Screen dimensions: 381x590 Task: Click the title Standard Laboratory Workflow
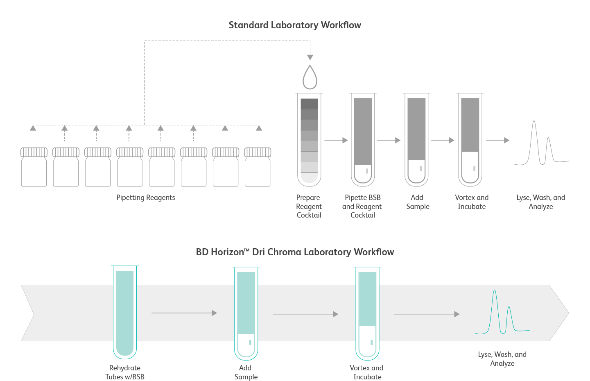(295, 25)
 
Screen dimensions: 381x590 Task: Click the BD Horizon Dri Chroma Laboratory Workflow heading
(295, 252)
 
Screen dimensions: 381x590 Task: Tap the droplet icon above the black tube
(310, 78)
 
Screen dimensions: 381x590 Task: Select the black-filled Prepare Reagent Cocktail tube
(309, 139)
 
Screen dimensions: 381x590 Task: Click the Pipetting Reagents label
(145, 197)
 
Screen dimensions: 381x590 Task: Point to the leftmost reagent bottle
(34, 167)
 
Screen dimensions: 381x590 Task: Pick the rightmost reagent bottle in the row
(258, 167)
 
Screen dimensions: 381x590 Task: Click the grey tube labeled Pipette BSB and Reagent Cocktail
(363, 139)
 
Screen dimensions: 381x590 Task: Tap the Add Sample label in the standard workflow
(418, 202)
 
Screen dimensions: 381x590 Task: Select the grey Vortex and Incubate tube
(470, 139)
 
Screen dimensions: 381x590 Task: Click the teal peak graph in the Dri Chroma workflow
(502, 313)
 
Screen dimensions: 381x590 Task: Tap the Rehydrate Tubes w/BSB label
(125, 372)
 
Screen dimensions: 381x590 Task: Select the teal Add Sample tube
(246, 313)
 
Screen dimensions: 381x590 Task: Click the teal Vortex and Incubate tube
(367, 313)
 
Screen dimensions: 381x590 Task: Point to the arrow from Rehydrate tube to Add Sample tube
(184, 313)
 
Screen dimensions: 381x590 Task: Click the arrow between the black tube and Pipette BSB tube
(336, 140)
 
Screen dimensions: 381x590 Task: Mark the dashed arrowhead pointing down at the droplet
(310, 57)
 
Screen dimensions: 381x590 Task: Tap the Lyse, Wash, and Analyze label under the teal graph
(502, 359)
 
